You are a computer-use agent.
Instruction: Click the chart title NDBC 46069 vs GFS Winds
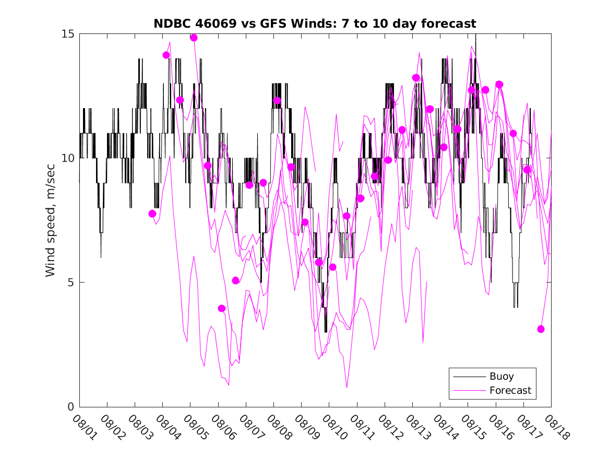(315, 24)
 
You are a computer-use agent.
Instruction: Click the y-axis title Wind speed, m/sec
(51, 220)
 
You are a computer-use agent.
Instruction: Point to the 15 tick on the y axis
(69, 34)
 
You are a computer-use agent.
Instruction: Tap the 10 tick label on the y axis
(69, 158)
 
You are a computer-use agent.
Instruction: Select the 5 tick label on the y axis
(72, 283)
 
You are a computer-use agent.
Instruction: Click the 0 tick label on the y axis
(72, 407)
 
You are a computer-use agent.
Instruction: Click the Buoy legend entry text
(501, 377)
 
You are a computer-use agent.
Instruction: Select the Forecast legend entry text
(510, 390)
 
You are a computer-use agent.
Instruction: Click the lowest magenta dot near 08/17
(541, 329)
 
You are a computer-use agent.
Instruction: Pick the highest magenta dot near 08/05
(194, 38)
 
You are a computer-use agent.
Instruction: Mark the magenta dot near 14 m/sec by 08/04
(166, 55)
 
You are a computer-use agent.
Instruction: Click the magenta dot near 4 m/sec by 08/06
(222, 309)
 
